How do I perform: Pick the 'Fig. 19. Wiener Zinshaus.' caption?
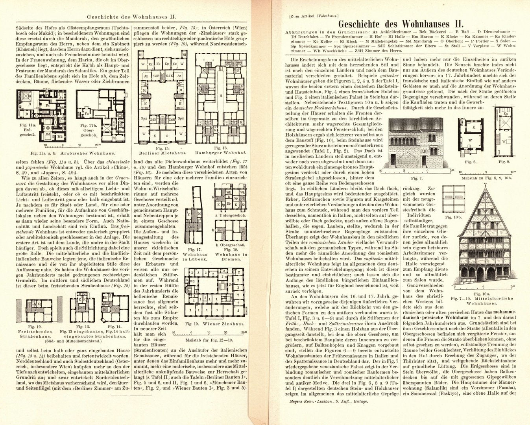pos(211,325)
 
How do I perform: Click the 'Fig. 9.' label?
pos(504,162)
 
